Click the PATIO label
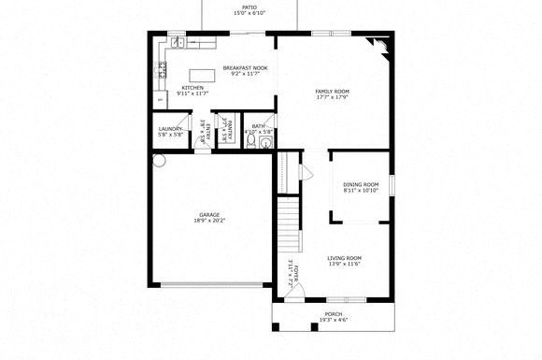249,7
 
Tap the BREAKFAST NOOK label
245,67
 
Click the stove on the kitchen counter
161,67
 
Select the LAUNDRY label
169,129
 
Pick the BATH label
258,126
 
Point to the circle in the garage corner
158,161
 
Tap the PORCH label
333,314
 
